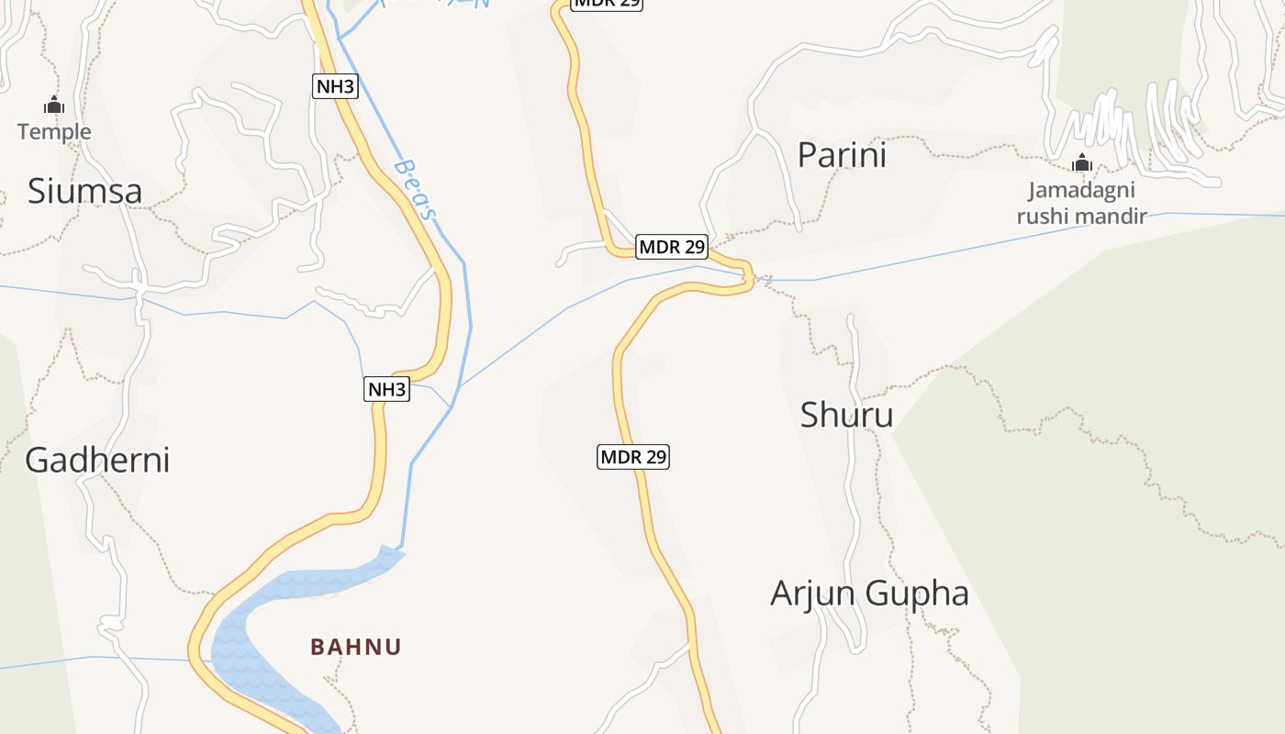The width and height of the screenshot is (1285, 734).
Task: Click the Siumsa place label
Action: (x=84, y=191)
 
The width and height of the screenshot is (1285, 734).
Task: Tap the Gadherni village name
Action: (x=97, y=460)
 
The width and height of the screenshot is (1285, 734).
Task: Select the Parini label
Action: (x=842, y=155)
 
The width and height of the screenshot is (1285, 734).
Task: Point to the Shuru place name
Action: (x=846, y=415)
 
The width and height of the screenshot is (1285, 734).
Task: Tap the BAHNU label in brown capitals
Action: (x=356, y=647)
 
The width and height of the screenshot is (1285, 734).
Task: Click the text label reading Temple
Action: (x=54, y=131)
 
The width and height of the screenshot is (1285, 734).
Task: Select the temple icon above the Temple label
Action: (x=54, y=106)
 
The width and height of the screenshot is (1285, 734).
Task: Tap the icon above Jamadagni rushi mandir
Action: (x=1082, y=163)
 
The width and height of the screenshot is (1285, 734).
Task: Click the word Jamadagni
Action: (x=1081, y=191)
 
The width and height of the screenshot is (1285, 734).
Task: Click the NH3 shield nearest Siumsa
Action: (x=334, y=86)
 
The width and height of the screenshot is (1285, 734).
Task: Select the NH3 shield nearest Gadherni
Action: (x=385, y=389)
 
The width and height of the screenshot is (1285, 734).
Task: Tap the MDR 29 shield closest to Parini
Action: (x=672, y=246)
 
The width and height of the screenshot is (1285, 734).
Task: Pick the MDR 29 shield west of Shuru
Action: (x=633, y=456)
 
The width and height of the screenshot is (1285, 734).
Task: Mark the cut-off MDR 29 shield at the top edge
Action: (x=607, y=4)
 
